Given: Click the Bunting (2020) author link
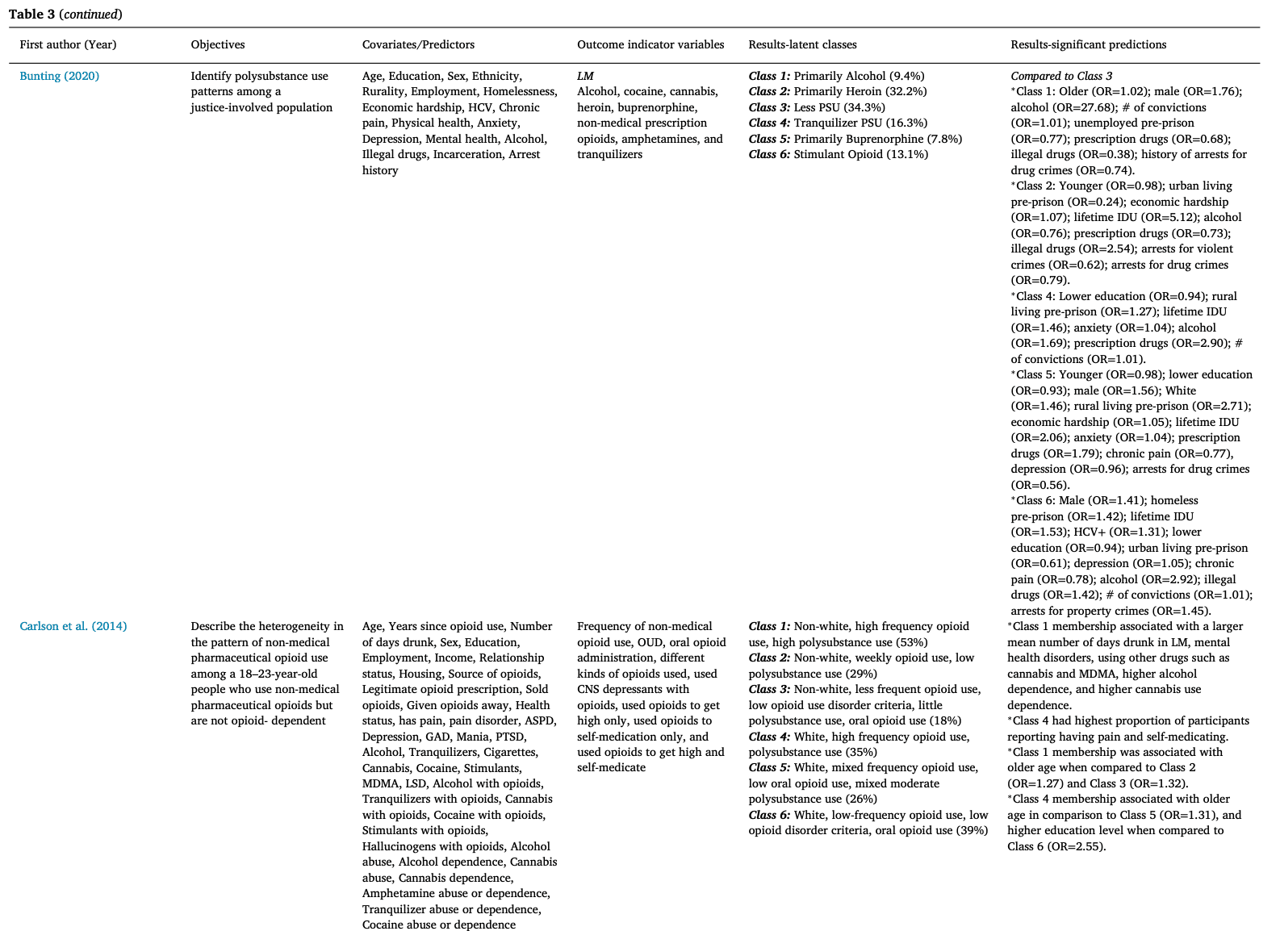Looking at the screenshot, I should [x=60, y=76].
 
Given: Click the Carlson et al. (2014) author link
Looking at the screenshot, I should [x=73, y=626].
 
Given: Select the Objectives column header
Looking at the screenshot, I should [x=218, y=45].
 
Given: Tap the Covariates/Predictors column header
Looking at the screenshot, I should [x=418, y=45].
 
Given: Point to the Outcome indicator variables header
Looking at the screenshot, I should [x=650, y=45].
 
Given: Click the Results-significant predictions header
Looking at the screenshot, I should [x=1088, y=45].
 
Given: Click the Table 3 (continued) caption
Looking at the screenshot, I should [x=65, y=15].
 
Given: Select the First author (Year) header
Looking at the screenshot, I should [x=68, y=45].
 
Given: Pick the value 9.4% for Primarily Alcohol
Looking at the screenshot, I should [x=907, y=76].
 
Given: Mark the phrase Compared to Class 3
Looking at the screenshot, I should [x=1061, y=76].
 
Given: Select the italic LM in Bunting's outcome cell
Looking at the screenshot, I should [x=585, y=76].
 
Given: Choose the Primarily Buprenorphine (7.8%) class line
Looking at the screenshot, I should [x=855, y=139].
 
